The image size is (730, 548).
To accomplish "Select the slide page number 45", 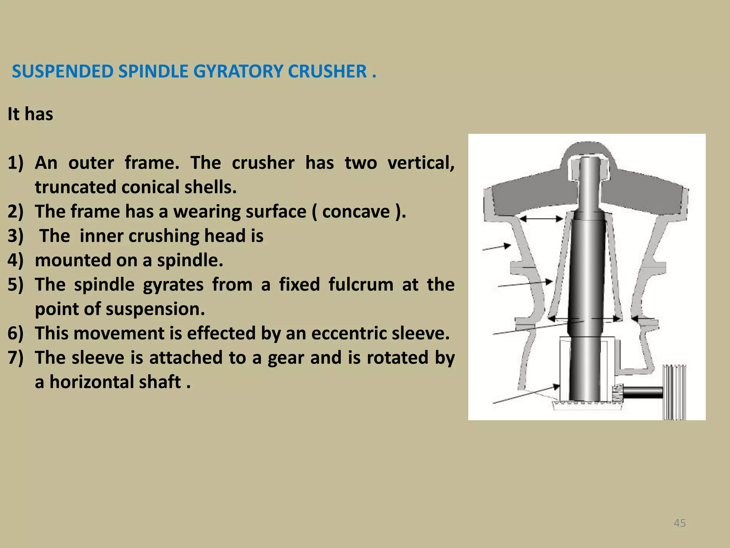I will [679, 523].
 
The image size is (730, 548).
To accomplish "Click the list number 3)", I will [15, 236].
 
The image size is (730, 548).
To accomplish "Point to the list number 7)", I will [15, 357].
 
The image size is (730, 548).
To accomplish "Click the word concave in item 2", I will [356, 212].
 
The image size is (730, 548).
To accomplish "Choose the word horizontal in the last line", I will [115, 382].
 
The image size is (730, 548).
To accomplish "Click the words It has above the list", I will [30, 114].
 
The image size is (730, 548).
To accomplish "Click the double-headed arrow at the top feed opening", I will [541, 219].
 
